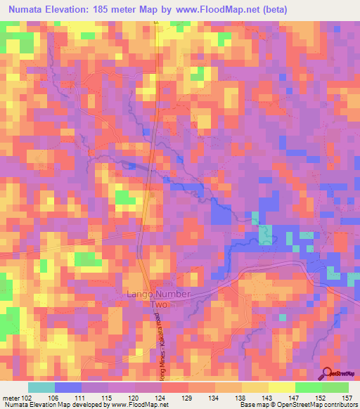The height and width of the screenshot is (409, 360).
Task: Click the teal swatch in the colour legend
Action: pos(41,387)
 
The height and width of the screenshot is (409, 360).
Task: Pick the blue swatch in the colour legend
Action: pos(68,387)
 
